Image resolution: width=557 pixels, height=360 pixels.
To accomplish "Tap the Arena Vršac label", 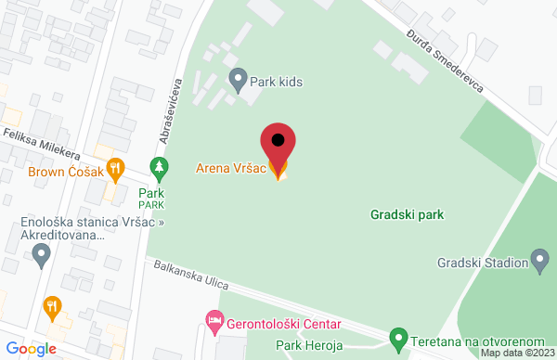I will click(230, 169).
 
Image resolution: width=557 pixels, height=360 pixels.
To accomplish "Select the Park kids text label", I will click(278, 81).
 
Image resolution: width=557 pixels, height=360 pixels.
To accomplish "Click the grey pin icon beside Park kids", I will click(238, 81).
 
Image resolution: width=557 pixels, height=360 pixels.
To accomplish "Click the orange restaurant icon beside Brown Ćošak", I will click(115, 169).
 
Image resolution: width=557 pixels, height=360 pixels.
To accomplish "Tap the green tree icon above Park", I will click(160, 168).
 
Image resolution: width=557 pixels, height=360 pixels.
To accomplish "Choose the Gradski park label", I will click(406, 214).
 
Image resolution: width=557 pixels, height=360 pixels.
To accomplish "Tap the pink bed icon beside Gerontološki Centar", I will click(214, 322).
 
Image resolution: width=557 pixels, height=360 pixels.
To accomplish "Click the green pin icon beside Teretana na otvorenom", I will click(398, 337).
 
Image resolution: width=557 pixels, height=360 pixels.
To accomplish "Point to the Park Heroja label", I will click(310, 346).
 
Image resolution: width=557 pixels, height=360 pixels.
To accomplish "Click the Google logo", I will click(29, 348).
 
